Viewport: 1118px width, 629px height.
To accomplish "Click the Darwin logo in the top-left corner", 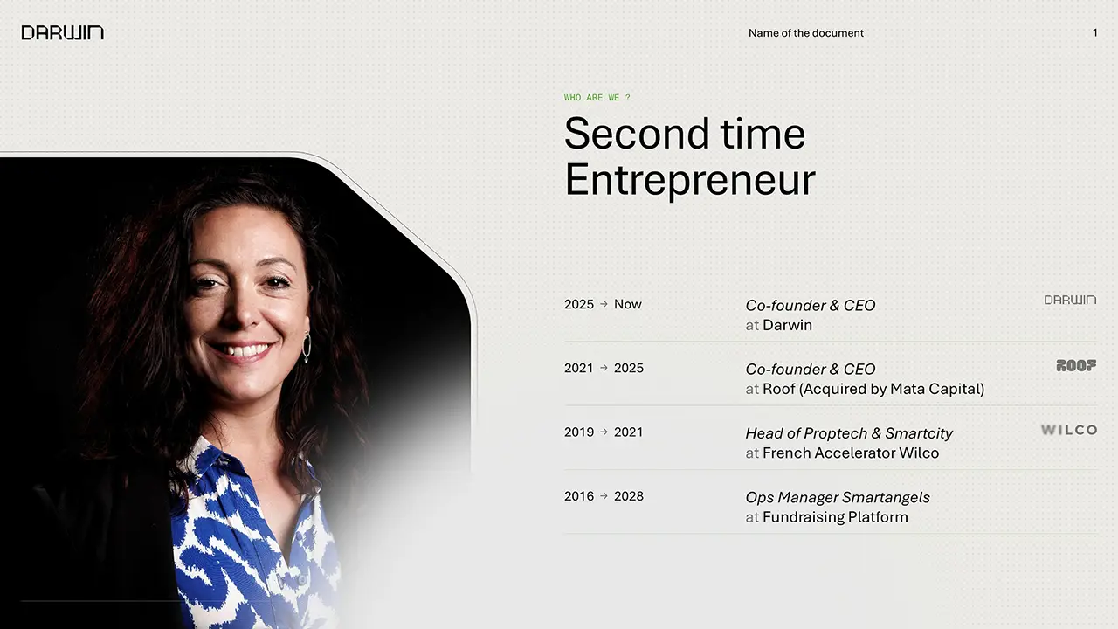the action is pyautogui.click(x=62, y=33).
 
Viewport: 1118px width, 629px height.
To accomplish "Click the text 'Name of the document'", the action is pyautogui.click(x=805, y=33).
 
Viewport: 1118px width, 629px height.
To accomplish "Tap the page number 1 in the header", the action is pyautogui.click(x=1095, y=33).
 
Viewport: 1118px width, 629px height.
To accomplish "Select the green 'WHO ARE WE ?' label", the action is pyautogui.click(x=597, y=97).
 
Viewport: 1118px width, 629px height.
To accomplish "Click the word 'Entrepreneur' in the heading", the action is pyautogui.click(x=690, y=180).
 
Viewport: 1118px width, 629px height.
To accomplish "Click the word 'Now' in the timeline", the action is pyautogui.click(x=627, y=304).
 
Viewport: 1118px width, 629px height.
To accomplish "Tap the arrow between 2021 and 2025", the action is pyautogui.click(x=604, y=368).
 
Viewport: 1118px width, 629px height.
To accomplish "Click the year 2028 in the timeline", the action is pyautogui.click(x=628, y=496).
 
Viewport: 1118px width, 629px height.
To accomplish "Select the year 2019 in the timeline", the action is pyautogui.click(x=579, y=432).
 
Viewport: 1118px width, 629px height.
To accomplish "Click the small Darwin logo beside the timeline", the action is pyautogui.click(x=1070, y=300).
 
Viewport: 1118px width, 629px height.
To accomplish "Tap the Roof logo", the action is pyautogui.click(x=1076, y=365).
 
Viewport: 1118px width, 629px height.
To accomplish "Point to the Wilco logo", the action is pyautogui.click(x=1068, y=430).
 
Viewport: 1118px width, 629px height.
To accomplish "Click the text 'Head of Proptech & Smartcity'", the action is pyautogui.click(x=849, y=433).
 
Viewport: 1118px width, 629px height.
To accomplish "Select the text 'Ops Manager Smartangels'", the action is pyautogui.click(x=838, y=497).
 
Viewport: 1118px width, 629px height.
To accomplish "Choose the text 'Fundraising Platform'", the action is pyautogui.click(x=835, y=517).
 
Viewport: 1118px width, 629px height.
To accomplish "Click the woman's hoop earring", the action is pyautogui.click(x=307, y=348).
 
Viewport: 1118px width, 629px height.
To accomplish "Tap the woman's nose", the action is pyautogui.click(x=244, y=308).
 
